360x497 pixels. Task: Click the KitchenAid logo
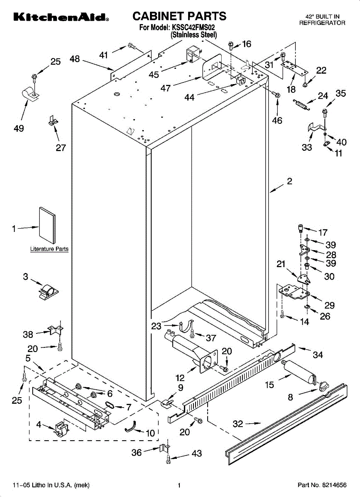tap(61, 17)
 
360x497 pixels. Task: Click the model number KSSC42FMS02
tap(193, 27)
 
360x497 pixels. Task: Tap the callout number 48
tap(75, 59)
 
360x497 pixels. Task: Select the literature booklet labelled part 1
tap(47, 225)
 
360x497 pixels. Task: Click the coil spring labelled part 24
tap(301, 104)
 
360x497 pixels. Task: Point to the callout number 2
tap(290, 181)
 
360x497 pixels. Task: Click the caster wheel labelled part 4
tap(61, 429)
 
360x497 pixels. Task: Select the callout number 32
tap(238, 424)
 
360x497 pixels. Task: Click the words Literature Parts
tap(49, 249)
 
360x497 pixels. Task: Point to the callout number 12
tap(180, 377)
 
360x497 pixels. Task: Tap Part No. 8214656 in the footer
tap(322, 485)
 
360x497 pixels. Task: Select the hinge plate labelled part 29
tap(295, 292)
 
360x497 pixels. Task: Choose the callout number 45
tap(154, 75)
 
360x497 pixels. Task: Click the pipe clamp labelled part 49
tap(31, 94)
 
